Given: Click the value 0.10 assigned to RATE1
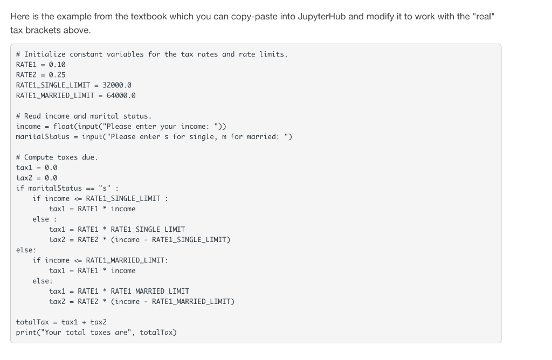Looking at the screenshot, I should tap(57, 64).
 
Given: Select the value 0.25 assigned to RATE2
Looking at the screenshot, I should tap(57, 74).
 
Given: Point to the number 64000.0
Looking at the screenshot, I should tap(121, 95).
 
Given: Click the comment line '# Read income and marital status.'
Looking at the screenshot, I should tap(84, 116).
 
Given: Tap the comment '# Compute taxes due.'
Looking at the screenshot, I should tap(57, 157).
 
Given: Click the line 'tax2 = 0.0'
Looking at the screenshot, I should tap(37, 178).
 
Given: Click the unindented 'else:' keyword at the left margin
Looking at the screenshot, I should tap(26, 250).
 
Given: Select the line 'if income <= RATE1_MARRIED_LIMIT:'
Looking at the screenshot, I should tap(100, 260).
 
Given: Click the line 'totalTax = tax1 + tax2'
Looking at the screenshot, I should tap(61, 322).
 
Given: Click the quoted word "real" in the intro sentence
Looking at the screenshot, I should tap(482, 16).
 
